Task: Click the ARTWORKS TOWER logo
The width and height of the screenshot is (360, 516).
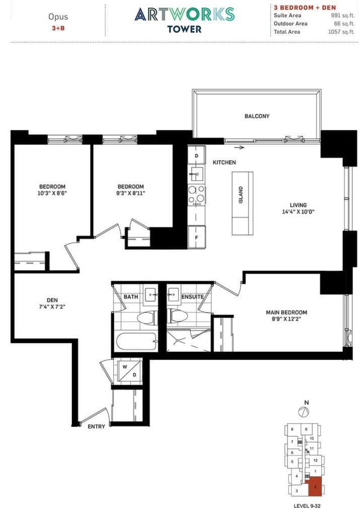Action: tap(184, 19)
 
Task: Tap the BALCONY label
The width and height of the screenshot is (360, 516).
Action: tap(257, 116)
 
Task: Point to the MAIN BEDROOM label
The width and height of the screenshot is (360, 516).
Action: tap(286, 312)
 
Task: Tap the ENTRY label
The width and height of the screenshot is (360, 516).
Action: tap(97, 427)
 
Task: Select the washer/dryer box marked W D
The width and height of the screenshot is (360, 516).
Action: tap(128, 371)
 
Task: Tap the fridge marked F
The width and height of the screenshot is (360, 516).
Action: tap(196, 237)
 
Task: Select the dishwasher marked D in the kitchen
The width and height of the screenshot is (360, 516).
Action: tap(196, 156)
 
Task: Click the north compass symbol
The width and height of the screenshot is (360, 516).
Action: tap(303, 412)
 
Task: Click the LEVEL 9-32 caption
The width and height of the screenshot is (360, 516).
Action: tap(307, 505)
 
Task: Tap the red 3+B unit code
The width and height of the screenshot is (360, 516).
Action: tap(58, 28)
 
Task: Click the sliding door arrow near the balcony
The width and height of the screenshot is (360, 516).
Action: tap(239, 148)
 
